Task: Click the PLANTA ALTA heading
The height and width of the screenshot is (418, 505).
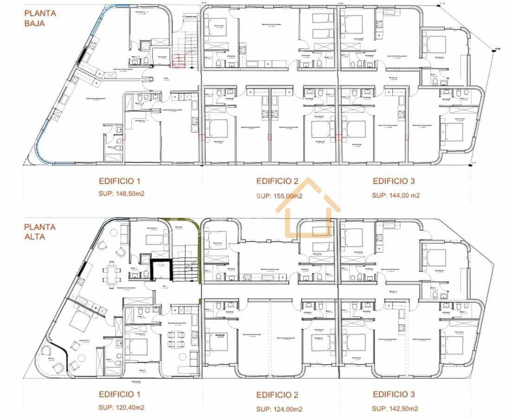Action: click(40, 232)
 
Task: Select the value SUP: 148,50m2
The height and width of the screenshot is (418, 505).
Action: click(122, 194)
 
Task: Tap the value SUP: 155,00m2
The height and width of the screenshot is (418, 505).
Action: click(279, 196)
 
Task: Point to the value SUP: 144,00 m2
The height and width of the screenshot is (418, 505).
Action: click(395, 196)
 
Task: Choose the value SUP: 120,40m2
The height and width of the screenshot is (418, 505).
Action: click(122, 408)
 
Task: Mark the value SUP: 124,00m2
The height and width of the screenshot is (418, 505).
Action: click(279, 409)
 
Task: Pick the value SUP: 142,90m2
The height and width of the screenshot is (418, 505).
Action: click(395, 408)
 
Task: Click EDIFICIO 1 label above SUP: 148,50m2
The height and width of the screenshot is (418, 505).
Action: click(119, 181)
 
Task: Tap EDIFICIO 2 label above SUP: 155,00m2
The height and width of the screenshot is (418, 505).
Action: click(277, 181)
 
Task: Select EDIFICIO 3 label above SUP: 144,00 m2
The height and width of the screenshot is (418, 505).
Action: click(394, 181)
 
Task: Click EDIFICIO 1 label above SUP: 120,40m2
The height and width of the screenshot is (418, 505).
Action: click(119, 394)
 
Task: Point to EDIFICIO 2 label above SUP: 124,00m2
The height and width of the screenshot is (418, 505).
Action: click(277, 395)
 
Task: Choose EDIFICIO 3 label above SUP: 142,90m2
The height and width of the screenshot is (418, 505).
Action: click(394, 395)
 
